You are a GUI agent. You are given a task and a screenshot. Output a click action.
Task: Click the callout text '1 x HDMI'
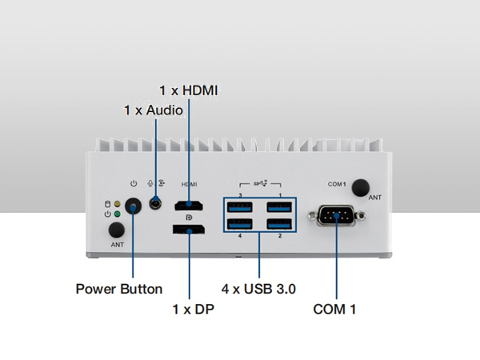[188, 91]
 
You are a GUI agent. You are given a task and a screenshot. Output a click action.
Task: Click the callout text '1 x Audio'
[153, 109]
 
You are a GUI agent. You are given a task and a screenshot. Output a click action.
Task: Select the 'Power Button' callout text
[119, 288]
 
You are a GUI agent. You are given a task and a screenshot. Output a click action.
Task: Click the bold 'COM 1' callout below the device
[336, 309]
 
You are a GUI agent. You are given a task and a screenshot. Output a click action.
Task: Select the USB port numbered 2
[278, 224]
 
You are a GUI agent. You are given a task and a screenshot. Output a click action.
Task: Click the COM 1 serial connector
[337, 216]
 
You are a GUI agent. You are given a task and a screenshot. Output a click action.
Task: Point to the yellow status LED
[117, 203]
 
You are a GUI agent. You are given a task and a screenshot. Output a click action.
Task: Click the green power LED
[117, 214]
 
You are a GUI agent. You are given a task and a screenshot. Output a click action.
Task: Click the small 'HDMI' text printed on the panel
[190, 185]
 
